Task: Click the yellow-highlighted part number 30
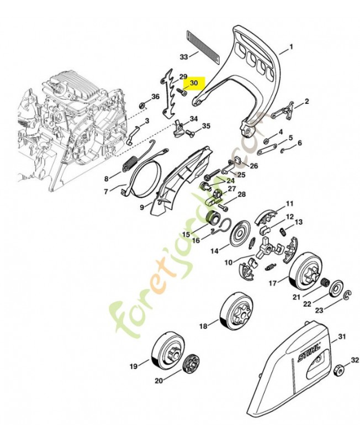pos(193,83)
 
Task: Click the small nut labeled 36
pos(142,104)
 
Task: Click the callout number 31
pos(342,337)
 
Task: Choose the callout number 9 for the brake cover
pos(142,207)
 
